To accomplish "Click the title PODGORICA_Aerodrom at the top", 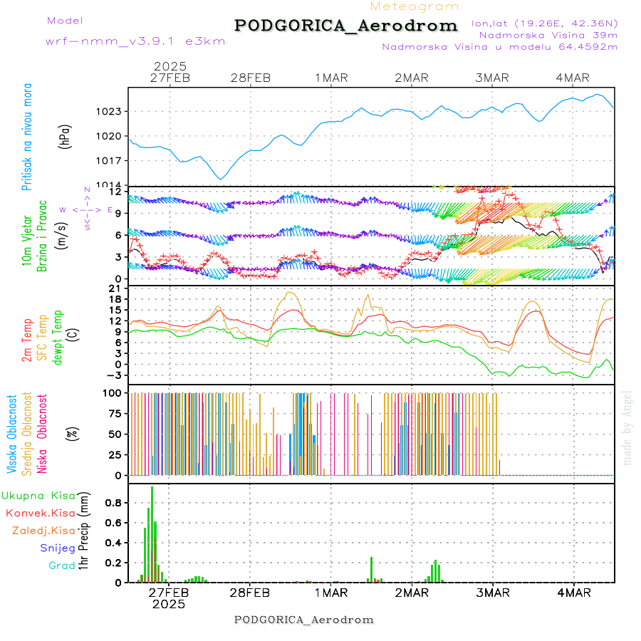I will [345, 26].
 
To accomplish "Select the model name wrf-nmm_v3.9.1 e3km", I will [135, 41].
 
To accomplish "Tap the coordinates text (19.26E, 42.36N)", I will [545, 23].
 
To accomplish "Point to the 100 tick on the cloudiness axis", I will [114, 392].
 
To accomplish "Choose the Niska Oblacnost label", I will [43, 434].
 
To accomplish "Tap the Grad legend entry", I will [62, 566].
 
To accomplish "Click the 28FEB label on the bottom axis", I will [250, 593].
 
